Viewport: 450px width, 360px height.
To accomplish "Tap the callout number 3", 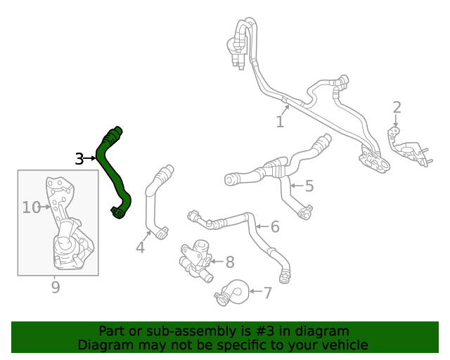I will [x=79, y=159].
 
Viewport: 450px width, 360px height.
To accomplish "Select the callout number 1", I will [x=280, y=122].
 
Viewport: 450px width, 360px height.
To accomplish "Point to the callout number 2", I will [x=397, y=108].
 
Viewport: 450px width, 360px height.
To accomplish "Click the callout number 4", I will [x=141, y=247].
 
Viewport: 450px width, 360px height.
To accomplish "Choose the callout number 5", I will [x=309, y=186].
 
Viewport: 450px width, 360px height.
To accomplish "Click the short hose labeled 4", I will [x=153, y=200].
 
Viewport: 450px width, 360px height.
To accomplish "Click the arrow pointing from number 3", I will [x=90, y=159].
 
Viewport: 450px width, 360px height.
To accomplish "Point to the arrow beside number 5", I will [x=295, y=186].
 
